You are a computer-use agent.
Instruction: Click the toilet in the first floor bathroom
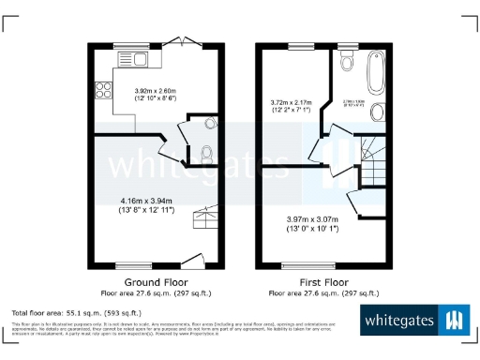[x=346, y=63]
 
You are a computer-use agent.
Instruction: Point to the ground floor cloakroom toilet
[x=207, y=153]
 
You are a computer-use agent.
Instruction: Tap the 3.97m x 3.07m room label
[x=319, y=222]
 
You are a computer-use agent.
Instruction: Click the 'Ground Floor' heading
[x=156, y=282]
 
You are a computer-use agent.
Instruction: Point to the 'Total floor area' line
[x=76, y=311]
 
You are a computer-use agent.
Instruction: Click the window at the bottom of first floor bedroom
[x=300, y=265]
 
